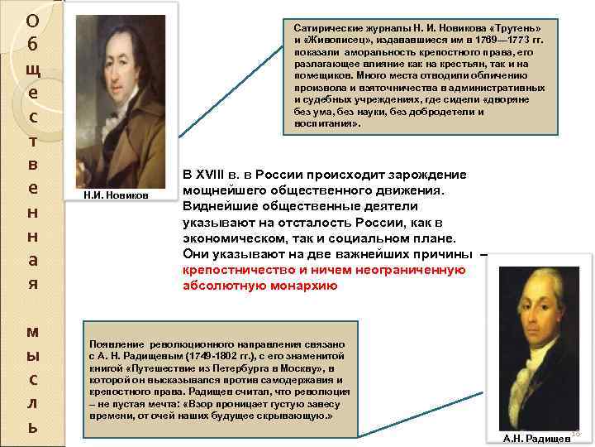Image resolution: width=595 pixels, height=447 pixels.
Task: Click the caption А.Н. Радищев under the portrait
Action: click(x=537, y=437)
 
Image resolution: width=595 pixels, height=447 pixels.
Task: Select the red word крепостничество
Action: click(x=240, y=271)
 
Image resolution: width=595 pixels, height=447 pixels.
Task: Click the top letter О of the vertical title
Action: click(x=31, y=19)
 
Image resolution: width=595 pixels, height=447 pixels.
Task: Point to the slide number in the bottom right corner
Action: click(x=576, y=434)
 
